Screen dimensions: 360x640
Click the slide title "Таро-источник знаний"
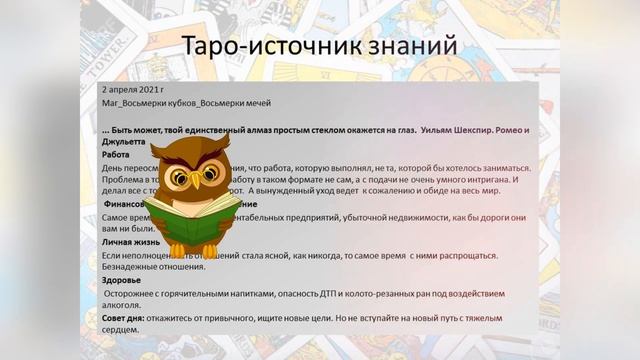click(319, 46)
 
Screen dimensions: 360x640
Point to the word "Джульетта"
click(124, 142)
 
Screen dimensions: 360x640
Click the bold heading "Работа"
click(117, 155)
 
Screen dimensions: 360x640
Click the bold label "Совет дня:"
click(123, 317)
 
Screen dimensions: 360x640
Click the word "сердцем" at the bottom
click(122, 329)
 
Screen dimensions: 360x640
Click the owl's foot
click(179, 251)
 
